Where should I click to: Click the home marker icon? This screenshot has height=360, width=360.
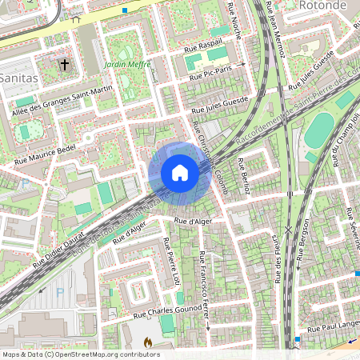click(180, 173)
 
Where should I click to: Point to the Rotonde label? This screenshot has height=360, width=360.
click(330, 6)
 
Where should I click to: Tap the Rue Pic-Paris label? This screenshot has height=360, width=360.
click(211, 71)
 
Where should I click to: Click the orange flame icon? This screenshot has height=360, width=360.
click(147, 342)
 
